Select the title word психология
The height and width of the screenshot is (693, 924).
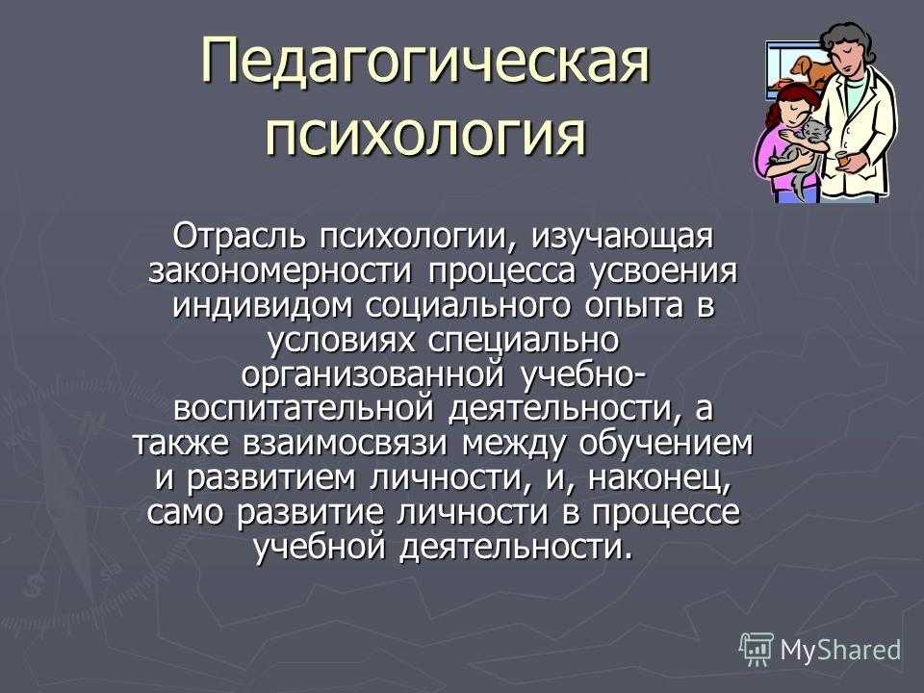(425, 135)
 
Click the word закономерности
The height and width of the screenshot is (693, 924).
(279, 271)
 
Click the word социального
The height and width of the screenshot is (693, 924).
(468, 307)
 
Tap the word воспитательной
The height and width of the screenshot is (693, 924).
(303, 410)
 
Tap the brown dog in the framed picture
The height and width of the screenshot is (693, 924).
(811, 70)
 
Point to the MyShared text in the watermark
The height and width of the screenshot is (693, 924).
(840, 650)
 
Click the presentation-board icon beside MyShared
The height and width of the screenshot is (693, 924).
(757, 650)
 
